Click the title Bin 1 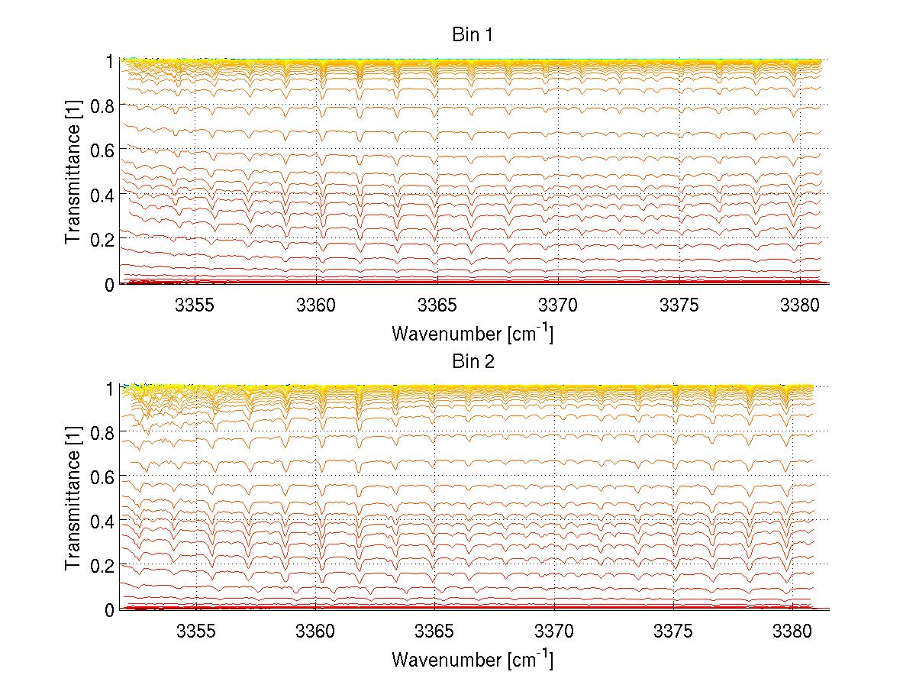pos(473,35)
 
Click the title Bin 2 pos(473,361)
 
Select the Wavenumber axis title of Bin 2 pos(473,658)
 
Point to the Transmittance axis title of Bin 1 pos(73,171)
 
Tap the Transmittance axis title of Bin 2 pos(73,498)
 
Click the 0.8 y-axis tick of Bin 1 pos(102,105)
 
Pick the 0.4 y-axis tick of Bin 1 pos(102,195)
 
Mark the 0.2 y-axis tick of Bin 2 pos(102,565)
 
